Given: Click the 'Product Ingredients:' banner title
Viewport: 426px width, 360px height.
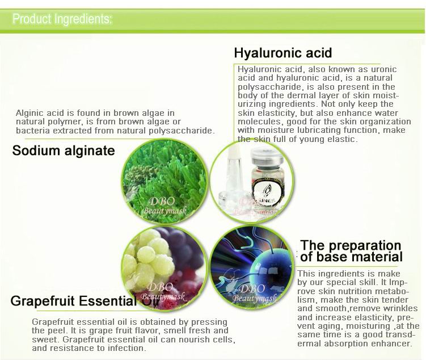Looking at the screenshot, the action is [x=62, y=19].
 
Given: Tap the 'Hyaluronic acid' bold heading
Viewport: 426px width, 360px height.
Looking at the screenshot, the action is [x=283, y=53].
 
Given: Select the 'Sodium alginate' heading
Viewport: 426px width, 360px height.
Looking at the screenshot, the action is [x=64, y=150].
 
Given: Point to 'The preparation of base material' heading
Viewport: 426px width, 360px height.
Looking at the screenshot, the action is [x=351, y=251].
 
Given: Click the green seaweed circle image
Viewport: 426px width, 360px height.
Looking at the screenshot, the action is [x=165, y=181].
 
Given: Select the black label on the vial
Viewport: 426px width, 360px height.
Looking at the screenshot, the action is [x=267, y=193].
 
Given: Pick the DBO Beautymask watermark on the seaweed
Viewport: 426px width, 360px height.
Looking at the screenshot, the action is [x=165, y=206].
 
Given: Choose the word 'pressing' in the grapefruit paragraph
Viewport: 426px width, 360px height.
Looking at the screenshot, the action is [x=209, y=322].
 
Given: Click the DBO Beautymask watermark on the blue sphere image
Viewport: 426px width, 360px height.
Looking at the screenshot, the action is [x=254, y=293].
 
